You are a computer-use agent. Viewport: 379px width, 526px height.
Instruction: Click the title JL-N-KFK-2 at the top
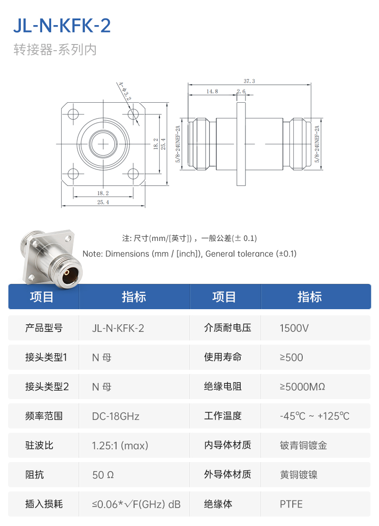click(x=62, y=26)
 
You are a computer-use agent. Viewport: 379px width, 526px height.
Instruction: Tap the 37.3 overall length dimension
click(x=249, y=81)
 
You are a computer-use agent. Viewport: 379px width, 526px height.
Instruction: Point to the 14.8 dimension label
click(x=212, y=91)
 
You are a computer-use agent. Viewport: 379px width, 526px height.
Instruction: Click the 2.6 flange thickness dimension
click(x=241, y=91)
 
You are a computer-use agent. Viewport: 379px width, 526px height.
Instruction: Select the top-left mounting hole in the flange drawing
click(x=73, y=114)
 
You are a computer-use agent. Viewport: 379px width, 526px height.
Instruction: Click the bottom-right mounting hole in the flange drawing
click(x=133, y=174)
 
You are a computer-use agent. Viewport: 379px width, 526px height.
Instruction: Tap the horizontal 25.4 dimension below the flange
click(x=103, y=202)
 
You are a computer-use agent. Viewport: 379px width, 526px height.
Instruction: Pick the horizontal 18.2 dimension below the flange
click(x=103, y=193)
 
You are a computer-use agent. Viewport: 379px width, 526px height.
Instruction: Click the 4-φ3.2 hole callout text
click(x=124, y=91)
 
